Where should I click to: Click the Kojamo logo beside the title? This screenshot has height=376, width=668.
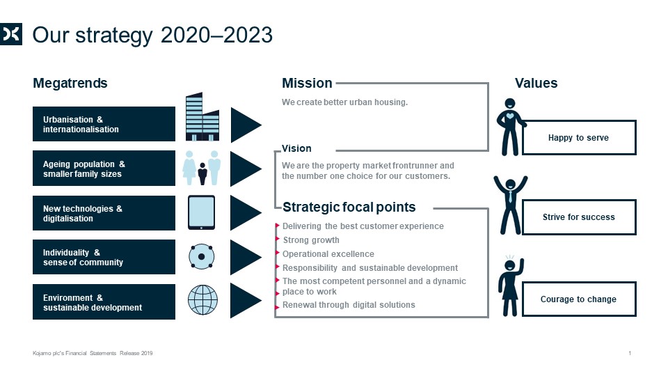click(10, 33)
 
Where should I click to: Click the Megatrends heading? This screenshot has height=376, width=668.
click(70, 83)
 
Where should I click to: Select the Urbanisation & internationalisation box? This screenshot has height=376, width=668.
click(104, 124)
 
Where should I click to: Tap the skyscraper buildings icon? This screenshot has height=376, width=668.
click(202, 116)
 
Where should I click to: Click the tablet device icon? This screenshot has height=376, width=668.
click(202, 212)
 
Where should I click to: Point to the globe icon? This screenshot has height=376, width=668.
click(202, 299)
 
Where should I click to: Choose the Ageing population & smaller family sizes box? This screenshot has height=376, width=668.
click(104, 169)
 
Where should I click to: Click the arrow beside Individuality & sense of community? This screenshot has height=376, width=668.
click(246, 257)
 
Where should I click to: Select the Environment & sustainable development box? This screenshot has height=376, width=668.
click(104, 301)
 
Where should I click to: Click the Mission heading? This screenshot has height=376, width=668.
click(307, 83)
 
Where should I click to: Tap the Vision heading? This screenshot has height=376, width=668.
click(296, 148)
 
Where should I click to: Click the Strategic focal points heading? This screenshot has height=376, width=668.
click(349, 207)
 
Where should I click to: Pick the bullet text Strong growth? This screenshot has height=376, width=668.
click(311, 240)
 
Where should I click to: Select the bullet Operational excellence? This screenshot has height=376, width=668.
click(328, 254)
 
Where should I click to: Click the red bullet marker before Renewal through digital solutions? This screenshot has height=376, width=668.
click(278, 306)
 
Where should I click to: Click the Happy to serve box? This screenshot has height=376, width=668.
click(579, 138)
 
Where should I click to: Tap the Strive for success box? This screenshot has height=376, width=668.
click(579, 217)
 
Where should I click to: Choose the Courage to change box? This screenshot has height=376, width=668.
click(579, 299)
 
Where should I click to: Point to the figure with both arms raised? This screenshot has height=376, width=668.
click(510, 205)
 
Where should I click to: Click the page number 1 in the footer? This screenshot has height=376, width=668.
click(630, 353)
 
